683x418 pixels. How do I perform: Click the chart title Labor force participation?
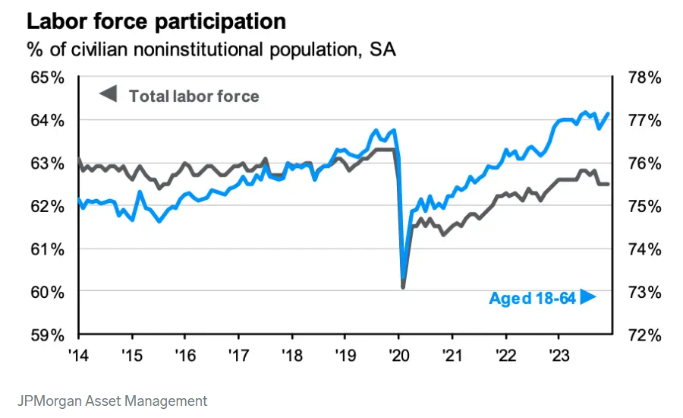[x=156, y=21]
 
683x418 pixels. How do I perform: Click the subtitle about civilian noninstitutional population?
[x=211, y=50]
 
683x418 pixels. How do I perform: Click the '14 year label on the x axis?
[x=79, y=354]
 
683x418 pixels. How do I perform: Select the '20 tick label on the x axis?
[x=398, y=354]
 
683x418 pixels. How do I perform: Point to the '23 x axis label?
[x=559, y=354]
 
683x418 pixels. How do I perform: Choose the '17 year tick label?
[x=238, y=354]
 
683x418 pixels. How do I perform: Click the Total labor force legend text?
[x=194, y=97]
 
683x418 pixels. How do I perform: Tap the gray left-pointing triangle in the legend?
[x=109, y=95]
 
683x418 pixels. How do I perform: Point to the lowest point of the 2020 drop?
[x=403, y=287]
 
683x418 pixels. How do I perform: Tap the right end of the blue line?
[x=608, y=114]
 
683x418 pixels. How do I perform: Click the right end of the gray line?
[x=608, y=184]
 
